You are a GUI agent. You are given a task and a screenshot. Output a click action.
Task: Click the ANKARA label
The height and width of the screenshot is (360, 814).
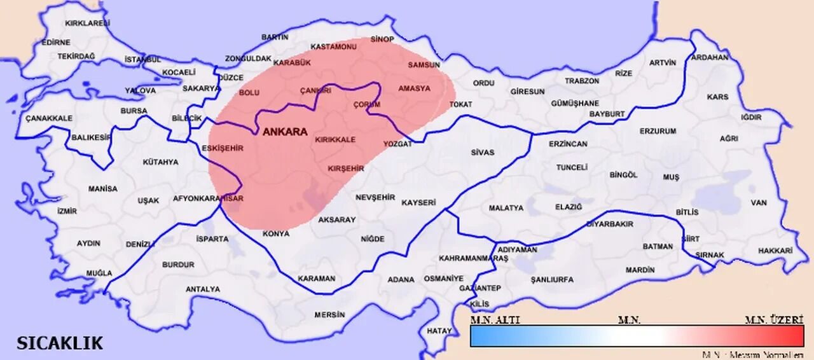285,132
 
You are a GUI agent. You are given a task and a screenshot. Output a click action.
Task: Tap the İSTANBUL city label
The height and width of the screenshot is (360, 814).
143,59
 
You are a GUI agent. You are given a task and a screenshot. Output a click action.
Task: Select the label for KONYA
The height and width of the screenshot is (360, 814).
276,233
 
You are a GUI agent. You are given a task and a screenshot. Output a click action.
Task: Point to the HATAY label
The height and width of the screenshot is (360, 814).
439,331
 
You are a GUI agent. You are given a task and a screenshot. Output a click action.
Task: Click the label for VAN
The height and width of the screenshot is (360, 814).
759,202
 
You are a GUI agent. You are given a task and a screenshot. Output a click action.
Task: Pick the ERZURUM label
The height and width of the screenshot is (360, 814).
658,131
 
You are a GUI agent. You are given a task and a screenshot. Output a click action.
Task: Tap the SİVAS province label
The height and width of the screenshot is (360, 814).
483,153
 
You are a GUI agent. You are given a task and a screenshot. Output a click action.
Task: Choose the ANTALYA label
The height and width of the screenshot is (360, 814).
202,289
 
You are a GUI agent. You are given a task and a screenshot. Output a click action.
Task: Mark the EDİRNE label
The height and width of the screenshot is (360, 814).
56,43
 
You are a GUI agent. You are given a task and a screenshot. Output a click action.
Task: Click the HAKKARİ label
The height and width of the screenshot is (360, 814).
775,251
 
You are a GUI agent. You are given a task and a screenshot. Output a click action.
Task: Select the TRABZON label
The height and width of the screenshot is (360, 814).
582,81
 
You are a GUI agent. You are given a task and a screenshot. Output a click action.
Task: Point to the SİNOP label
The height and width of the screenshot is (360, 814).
382,39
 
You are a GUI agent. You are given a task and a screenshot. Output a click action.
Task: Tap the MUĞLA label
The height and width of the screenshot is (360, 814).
99,273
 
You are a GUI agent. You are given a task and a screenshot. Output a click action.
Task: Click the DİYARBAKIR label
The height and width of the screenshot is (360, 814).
609,224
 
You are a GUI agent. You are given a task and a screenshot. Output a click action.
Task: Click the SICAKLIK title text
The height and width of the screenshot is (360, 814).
60,343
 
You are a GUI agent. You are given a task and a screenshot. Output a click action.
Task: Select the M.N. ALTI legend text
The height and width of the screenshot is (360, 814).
495,320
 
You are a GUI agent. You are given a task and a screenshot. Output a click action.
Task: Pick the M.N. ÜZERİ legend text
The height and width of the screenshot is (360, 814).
774,320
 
